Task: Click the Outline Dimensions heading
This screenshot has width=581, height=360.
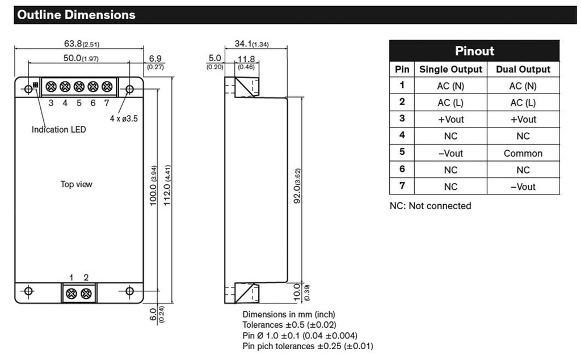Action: (76, 15)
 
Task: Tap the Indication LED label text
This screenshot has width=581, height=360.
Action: (59, 129)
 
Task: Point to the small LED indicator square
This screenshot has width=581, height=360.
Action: (36, 85)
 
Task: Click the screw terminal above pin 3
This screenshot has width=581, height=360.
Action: (51, 87)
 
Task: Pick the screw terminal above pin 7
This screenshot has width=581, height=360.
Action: (107, 87)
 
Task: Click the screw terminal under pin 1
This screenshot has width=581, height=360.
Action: (72, 293)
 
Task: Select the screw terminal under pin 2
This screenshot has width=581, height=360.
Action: (86, 293)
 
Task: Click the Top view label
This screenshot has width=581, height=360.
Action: (76, 184)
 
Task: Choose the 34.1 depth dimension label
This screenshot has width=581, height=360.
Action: (251, 44)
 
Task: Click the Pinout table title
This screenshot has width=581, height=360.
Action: (474, 51)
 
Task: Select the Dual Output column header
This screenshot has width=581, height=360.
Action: (523, 69)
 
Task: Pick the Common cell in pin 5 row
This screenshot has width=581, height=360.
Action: (523, 153)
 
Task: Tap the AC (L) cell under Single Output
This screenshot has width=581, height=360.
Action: (451, 103)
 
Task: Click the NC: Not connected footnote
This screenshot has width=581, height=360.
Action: (430, 206)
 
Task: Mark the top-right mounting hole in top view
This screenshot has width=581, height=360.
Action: (129, 89)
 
